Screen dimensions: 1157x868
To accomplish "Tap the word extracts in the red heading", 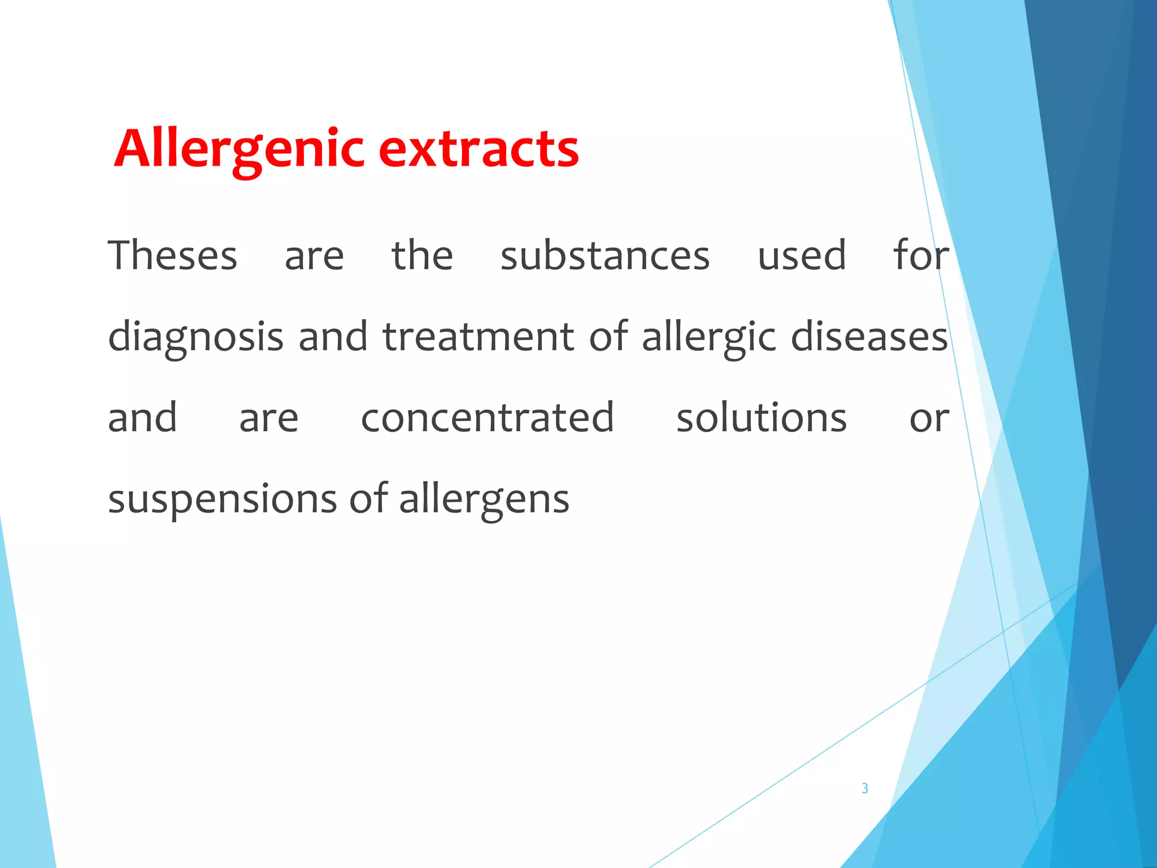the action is click(x=479, y=149).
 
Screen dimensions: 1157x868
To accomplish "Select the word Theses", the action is click(x=172, y=255).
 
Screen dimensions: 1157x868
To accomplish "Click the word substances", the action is click(x=604, y=255).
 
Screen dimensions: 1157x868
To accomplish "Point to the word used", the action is click(x=801, y=255).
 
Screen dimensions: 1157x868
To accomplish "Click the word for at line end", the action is click(x=921, y=255).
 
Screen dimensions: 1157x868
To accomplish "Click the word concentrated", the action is click(x=487, y=418).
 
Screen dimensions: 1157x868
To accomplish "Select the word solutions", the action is click(x=761, y=418).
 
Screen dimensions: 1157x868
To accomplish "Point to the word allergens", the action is click(x=484, y=500).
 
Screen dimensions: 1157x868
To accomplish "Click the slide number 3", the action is click(x=864, y=788).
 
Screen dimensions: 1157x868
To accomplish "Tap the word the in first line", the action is click(x=422, y=255).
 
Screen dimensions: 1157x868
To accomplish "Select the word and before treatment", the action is click(x=333, y=337).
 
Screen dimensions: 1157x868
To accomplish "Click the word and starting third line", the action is click(x=142, y=418).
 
